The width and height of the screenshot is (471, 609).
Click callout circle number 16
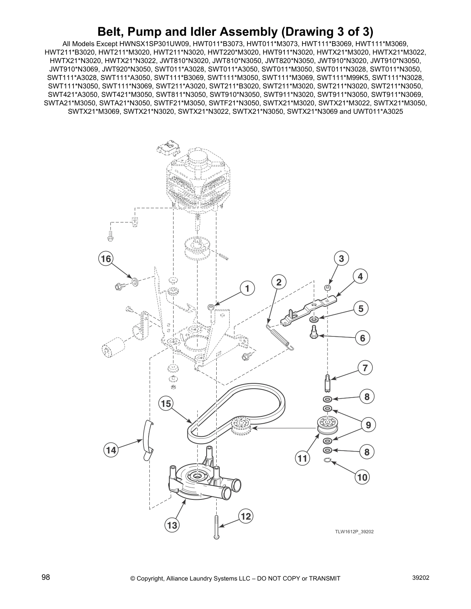point(105,259)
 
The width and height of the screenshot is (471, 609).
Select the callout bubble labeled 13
point(172,524)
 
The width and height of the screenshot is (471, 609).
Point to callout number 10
point(362,477)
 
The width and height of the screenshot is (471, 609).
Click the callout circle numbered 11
point(302,458)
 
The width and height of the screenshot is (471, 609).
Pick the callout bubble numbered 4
point(360,276)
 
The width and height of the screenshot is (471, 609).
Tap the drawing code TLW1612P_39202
point(354,532)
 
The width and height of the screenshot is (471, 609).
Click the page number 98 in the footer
point(46,577)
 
